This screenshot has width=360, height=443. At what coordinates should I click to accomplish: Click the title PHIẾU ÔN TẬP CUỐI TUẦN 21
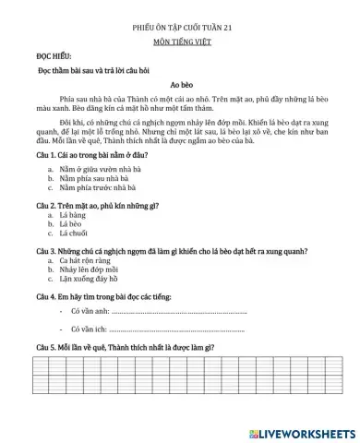click(180, 29)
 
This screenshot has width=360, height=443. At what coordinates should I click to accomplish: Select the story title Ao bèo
click(180, 83)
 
